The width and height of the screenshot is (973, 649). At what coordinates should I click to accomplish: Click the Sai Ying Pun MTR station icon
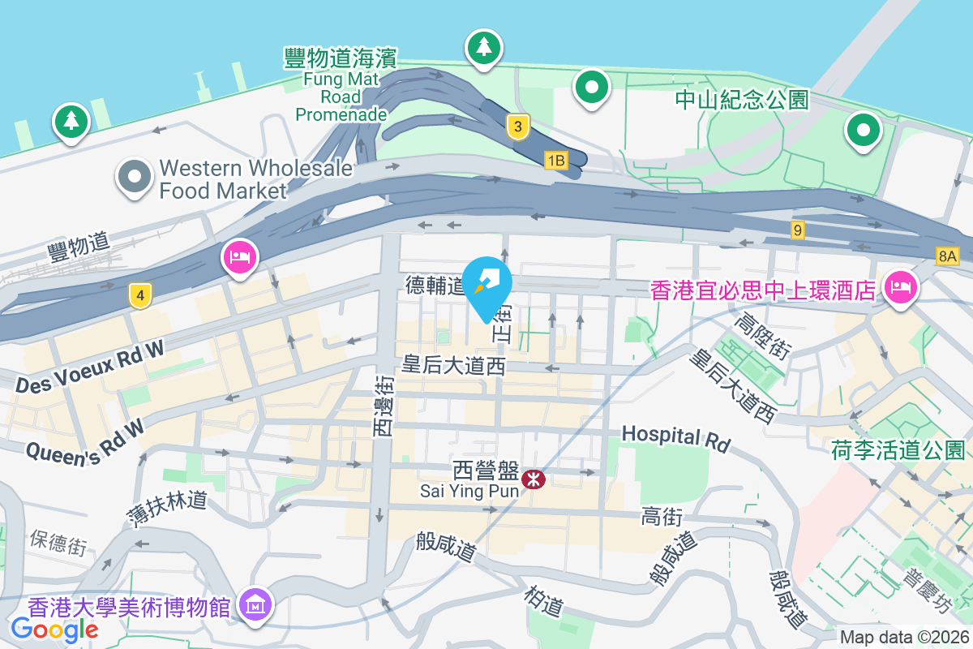click(534, 479)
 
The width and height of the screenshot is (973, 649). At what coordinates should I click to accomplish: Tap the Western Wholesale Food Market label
click(256, 179)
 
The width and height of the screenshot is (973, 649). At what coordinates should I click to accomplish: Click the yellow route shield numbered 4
click(140, 296)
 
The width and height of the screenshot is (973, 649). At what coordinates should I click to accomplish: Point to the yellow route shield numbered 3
click(518, 127)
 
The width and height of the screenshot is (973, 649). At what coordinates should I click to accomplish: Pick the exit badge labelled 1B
click(555, 160)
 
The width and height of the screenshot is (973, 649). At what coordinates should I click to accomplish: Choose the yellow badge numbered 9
click(799, 231)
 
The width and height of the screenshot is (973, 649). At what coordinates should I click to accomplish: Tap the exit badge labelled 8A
click(947, 256)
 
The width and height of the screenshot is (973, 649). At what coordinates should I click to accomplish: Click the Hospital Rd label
click(675, 438)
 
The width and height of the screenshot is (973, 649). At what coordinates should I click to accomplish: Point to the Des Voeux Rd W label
click(89, 367)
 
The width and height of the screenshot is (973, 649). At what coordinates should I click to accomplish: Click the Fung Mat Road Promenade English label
click(341, 97)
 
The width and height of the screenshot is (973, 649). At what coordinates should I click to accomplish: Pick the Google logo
click(55, 629)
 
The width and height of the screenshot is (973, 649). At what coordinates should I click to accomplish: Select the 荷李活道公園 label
click(898, 450)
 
